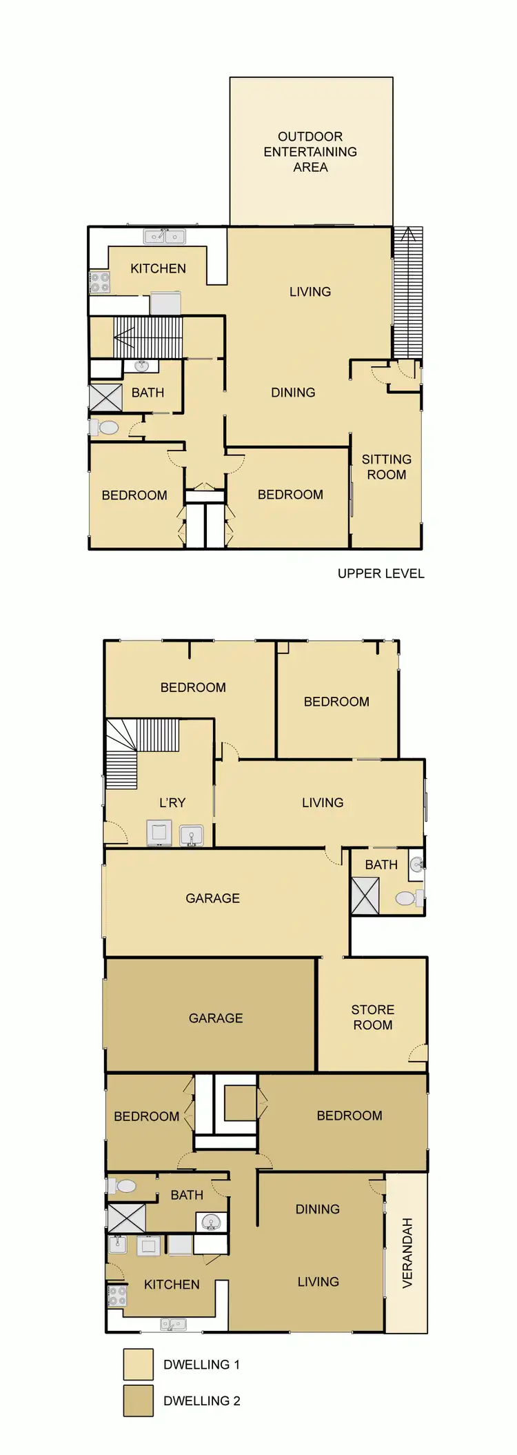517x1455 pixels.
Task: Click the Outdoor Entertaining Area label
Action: coord(310,152)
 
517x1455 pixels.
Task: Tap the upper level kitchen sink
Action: coord(164,237)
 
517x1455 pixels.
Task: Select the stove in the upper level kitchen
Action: coord(99,281)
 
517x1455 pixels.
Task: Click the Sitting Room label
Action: coord(386,467)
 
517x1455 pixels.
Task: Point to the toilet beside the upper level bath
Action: coord(107,428)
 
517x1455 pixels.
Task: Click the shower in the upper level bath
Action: coord(105,398)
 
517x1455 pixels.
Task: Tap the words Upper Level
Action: coord(381,573)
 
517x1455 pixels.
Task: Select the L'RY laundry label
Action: coord(172,802)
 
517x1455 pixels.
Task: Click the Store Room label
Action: coord(372,1017)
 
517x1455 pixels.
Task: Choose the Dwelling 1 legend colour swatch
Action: coord(138,1364)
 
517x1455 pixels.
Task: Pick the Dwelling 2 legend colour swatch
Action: coord(138,1400)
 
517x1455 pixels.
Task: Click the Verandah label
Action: coord(407,1252)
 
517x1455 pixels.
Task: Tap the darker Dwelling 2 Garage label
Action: coord(216,1018)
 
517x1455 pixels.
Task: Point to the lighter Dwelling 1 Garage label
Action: coord(212,898)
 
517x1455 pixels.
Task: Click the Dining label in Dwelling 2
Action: coord(317,1209)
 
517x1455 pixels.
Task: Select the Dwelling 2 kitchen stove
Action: coord(117,1295)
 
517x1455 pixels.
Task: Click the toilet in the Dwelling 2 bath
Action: coord(123,1186)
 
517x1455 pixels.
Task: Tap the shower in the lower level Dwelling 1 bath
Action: coord(365,895)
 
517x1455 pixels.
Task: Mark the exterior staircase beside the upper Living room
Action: coord(407,293)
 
